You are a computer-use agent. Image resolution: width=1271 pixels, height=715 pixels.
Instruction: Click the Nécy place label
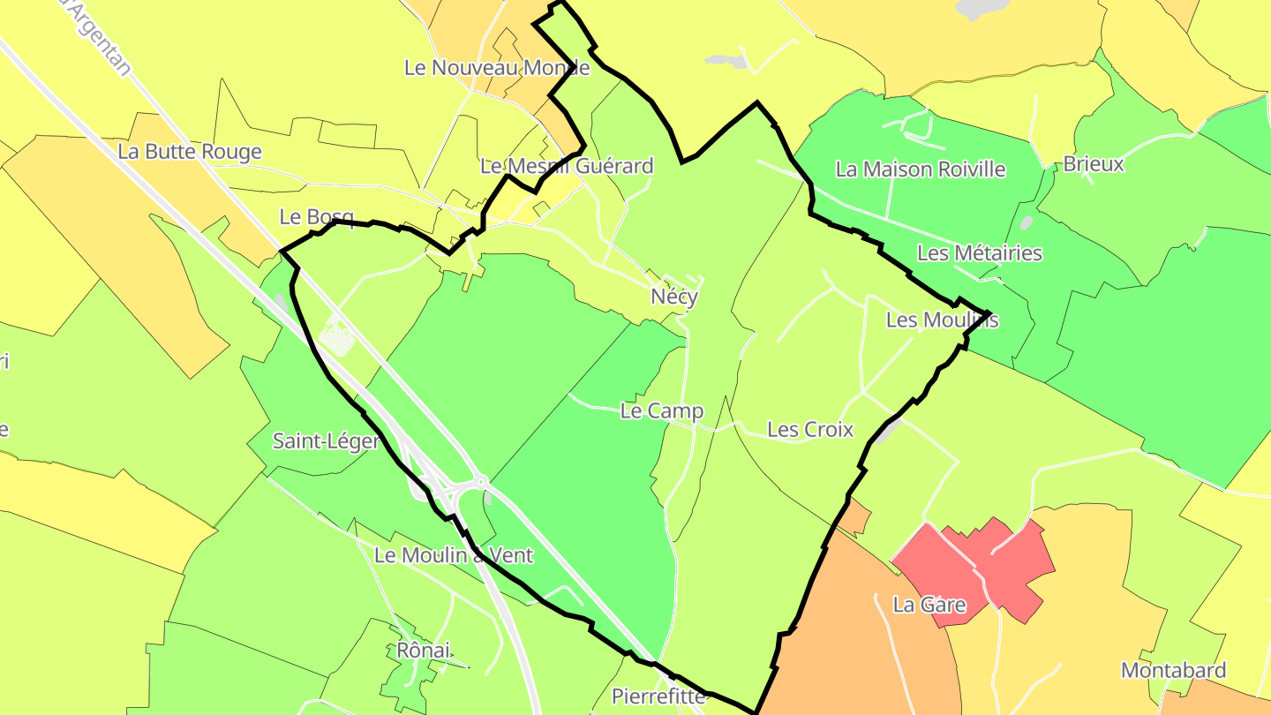[x=674, y=297]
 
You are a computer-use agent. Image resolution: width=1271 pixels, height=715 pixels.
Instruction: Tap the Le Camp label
[x=662, y=410]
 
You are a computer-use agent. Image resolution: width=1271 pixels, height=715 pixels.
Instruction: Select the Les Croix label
[x=810, y=430]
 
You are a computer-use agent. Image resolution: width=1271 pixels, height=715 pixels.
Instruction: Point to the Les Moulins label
[x=942, y=320]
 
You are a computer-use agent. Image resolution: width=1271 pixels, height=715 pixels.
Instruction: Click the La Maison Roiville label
[x=921, y=169]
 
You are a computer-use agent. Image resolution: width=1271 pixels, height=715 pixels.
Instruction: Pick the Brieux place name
[x=1094, y=163]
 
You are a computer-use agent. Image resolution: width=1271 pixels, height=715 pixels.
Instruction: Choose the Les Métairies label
[x=980, y=253]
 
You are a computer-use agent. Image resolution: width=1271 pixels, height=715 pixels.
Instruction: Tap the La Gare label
[x=929, y=606]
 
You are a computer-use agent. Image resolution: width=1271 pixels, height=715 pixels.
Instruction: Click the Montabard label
[x=1173, y=670]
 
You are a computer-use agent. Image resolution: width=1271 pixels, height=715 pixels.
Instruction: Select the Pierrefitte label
[x=659, y=696]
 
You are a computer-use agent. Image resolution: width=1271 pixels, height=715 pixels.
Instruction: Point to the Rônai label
[x=423, y=651]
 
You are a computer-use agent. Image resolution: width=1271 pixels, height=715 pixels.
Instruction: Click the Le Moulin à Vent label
[x=454, y=555]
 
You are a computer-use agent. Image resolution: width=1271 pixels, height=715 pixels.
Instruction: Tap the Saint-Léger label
[x=326, y=440]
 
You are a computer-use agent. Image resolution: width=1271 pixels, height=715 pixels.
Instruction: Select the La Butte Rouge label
[x=190, y=152]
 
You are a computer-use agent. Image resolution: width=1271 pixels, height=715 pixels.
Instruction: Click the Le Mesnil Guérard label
[x=567, y=166]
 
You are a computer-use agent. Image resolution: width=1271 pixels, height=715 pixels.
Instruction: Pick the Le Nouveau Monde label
[x=497, y=67]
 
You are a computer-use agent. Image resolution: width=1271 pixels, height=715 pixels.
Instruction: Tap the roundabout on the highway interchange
[x=481, y=481]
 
